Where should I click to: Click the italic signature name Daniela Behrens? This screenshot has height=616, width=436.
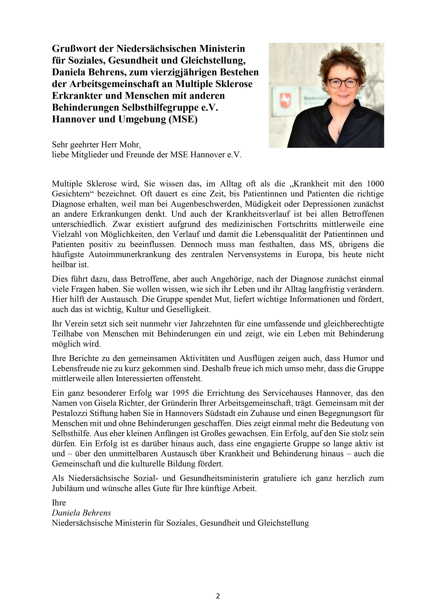point(81,513)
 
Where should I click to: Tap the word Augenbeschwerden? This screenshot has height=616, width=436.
point(206,204)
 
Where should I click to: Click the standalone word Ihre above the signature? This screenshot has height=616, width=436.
point(59,503)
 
